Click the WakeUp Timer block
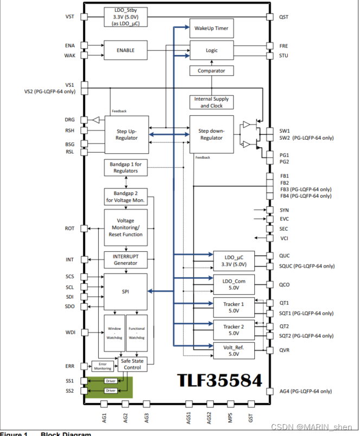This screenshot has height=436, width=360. click(x=211, y=29)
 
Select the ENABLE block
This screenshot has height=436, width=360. click(x=125, y=50)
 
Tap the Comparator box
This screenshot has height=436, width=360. click(x=211, y=70)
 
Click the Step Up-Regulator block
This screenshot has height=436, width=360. click(x=126, y=134)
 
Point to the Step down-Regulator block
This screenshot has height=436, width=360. click(x=211, y=134)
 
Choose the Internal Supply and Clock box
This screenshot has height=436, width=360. click(x=211, y=102)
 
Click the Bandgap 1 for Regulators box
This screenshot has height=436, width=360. click(x=126, y=167)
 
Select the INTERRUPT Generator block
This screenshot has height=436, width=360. click(x=125, y=260)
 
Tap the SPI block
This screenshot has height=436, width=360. click(x=125, y=291)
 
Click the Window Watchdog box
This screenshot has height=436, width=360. click(x=114, y=333)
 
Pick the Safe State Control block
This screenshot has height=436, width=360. click(x=133, y=365)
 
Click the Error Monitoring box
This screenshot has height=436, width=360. click(x=102, y=366)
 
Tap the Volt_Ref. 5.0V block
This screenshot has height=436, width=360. click(x=234, y=350)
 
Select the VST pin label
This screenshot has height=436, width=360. click(x=70, y=17)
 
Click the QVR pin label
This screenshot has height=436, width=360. click(x=285, y=350)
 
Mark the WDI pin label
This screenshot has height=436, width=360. click(x=69, y=332)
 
